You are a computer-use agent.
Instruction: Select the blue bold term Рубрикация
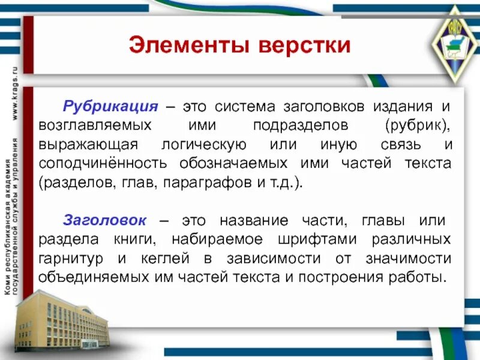click(110, 107)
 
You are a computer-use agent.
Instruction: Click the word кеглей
click(174, 259)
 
